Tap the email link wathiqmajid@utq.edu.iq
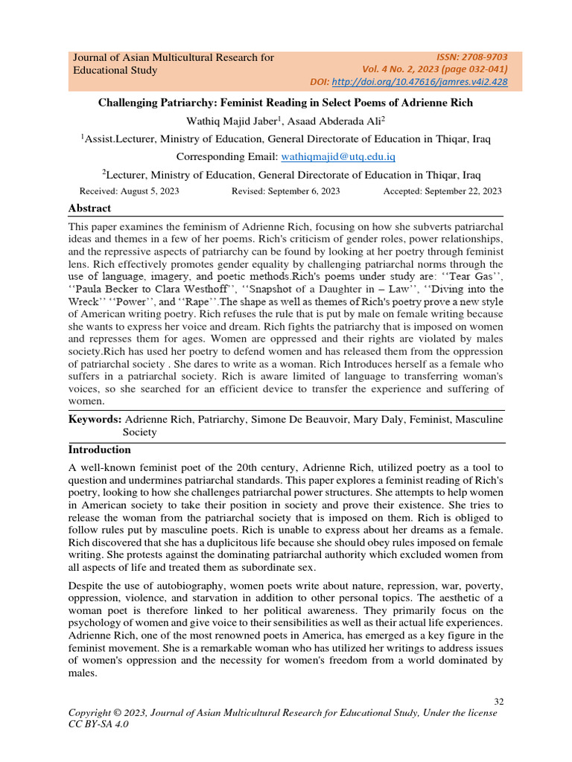click(x=337, y=157)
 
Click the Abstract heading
click(x=89, y=208)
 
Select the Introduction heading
click(x=100, y=450)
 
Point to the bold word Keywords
click(x=95, y=420)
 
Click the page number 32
click(x=499, y=701)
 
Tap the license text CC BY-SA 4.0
click(x=98, y=725)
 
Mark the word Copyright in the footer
click(x=93, y=713)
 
